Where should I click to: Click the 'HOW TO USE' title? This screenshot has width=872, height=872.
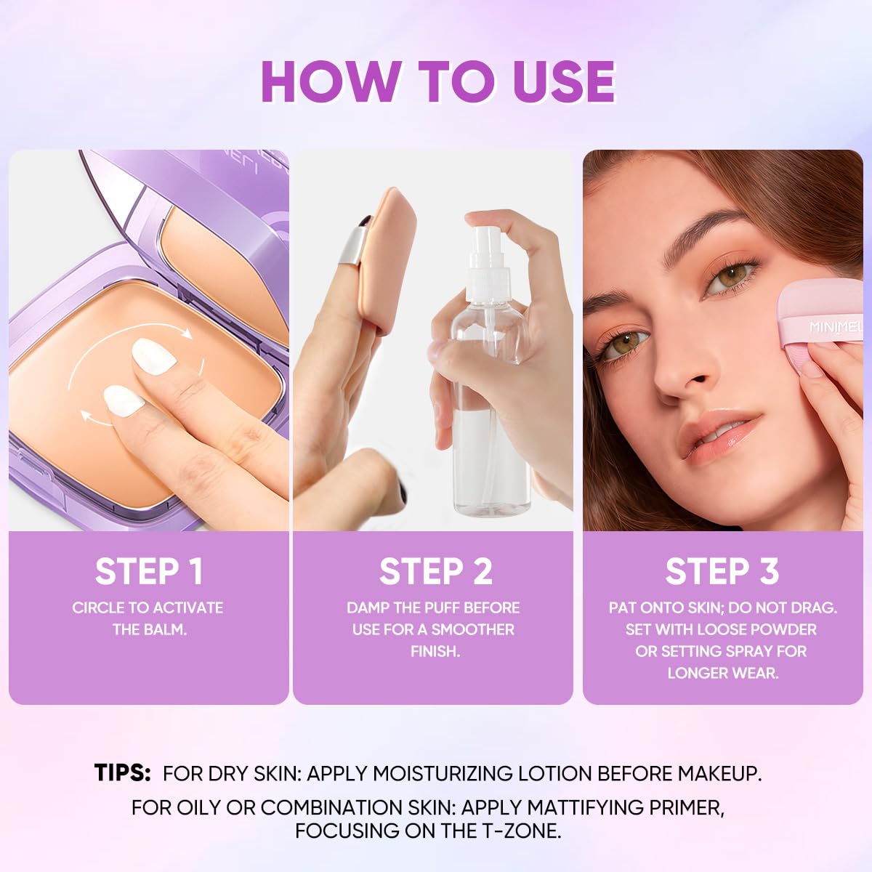tap(438, 82)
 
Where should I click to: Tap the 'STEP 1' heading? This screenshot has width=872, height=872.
tap(149, 572)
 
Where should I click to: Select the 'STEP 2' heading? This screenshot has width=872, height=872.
tap(435, 572)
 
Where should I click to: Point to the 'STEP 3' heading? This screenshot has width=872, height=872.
tap(722, 572)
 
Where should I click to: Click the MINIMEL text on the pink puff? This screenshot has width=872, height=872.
tap(836, 327)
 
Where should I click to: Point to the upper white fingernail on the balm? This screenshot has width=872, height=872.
tap(154, 356)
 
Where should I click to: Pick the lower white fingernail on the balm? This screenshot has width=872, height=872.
tap(124, 400)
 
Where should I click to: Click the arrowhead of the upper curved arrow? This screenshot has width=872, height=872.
tap(187, 334)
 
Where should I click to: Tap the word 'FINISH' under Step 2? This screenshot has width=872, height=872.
tap(435, 651)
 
